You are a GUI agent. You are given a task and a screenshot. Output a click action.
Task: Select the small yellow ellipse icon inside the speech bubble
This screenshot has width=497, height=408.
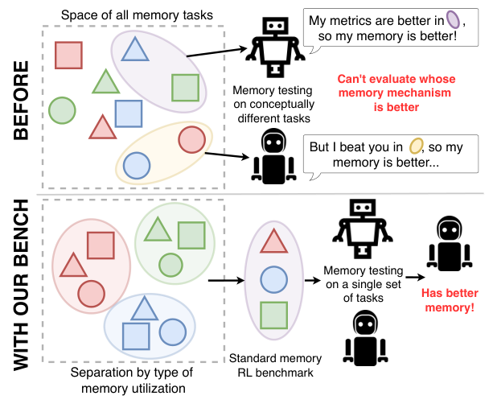click(415, 146)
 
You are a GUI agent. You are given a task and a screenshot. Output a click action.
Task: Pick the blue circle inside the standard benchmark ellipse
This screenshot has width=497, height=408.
click(273, 279)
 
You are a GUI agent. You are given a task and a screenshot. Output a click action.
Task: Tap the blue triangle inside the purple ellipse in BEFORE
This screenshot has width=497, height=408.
click(133, 51)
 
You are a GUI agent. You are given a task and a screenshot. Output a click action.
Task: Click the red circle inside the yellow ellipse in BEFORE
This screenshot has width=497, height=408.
click(191, 139)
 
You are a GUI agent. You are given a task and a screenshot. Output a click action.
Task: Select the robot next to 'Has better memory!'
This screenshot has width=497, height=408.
click(445, 244)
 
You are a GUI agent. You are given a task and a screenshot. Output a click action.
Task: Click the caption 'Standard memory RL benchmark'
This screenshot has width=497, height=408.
click(276, 364)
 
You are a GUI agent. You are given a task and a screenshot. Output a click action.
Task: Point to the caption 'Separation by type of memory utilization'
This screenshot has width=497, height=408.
click(131, 382)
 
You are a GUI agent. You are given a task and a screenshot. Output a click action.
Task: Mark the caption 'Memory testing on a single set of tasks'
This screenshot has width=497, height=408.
click(359, 285)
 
